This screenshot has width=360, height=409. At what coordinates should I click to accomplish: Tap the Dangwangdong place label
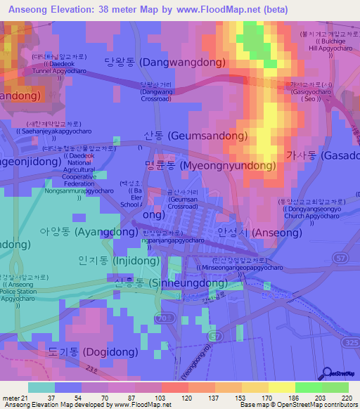(165, 63)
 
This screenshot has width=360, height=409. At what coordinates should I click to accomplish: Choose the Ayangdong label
(79, 231)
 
